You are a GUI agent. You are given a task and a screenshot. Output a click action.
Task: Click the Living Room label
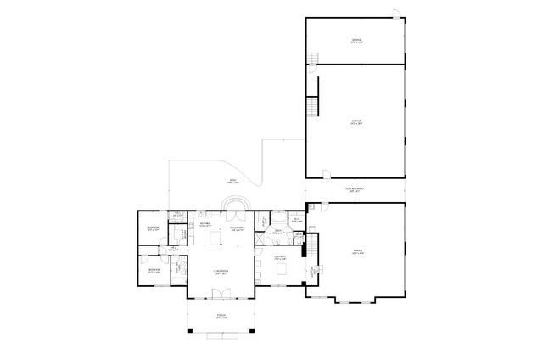[x=219, y=273]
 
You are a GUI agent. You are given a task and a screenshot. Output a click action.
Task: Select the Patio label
[x=232, y=181]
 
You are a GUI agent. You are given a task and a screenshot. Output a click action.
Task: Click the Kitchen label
[x=205, y=224]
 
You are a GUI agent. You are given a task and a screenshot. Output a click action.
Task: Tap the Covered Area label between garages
[x=354, y=189]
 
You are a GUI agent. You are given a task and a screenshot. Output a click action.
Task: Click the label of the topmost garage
[x=356, y=40]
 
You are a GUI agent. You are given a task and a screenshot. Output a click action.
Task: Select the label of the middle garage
[x=356, y=122]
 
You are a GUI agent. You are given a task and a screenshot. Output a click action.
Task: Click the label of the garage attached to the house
[x=358, y=251]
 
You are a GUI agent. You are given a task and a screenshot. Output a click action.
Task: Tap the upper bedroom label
[x=153, y=228]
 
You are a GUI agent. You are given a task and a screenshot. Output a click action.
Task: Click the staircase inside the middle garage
[x=312, y=108]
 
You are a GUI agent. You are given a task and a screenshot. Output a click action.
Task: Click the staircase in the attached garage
[x=312, y=249]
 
